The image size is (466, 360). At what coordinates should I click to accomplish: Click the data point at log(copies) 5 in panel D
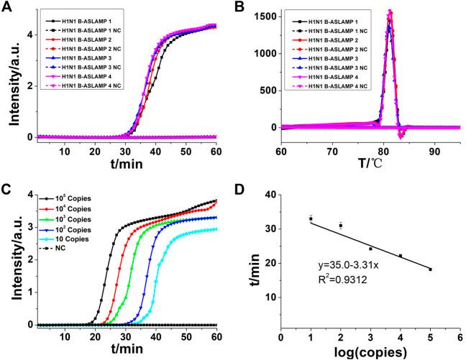click(429, 269)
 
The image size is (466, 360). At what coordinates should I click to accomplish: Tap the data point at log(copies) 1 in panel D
click(311, 218)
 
